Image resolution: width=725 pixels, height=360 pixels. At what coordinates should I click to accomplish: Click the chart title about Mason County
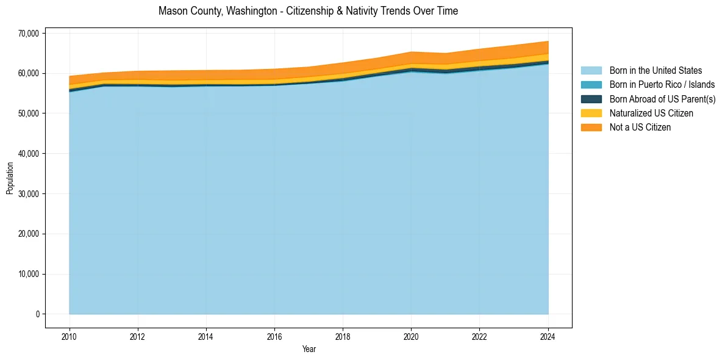pos(308,11)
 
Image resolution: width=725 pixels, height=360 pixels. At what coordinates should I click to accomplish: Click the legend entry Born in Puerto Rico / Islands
pos(662,85)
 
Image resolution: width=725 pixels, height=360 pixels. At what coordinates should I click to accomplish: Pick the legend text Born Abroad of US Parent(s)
pos(662,99)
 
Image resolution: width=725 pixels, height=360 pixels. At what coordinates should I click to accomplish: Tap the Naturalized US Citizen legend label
pos(651,113)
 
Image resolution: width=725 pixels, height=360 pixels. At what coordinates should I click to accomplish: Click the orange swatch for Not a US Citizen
pos(591,128)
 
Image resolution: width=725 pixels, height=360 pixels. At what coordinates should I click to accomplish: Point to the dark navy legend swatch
pos(591,99)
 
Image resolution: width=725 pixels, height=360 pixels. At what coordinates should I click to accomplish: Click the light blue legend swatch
pos(591,71)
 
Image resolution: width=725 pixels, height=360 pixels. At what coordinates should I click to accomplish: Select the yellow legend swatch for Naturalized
pos(591,113)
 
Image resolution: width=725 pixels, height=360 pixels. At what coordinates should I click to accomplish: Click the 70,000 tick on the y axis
pos(28,33)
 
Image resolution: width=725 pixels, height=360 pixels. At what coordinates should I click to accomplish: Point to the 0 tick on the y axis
pos(37,314)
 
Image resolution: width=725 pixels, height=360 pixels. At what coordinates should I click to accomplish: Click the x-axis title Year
pos(309,349)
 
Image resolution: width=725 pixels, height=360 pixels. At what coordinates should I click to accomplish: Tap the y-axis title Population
pos(10,178)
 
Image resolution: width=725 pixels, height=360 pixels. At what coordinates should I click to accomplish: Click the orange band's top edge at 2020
pos(412,52)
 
